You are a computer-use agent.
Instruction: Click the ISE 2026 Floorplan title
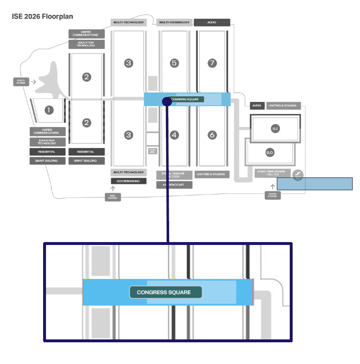43,16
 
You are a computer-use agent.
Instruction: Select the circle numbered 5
175,63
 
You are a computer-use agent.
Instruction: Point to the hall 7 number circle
212,63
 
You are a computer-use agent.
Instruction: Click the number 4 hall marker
175,135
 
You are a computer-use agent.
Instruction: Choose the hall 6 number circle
212,135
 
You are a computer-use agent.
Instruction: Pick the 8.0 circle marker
269,153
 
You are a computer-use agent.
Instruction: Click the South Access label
21,82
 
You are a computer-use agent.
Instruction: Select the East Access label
113,197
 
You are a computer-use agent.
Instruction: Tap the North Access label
272,195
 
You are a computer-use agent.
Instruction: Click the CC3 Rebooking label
129,181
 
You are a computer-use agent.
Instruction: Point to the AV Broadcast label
175,185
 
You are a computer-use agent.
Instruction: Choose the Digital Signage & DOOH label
175,175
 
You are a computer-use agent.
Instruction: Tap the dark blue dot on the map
167,101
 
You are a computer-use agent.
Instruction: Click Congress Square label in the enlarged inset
166,292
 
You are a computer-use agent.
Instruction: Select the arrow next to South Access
33,82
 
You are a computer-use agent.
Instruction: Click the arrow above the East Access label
113,189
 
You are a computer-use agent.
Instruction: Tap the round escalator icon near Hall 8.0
298,175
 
